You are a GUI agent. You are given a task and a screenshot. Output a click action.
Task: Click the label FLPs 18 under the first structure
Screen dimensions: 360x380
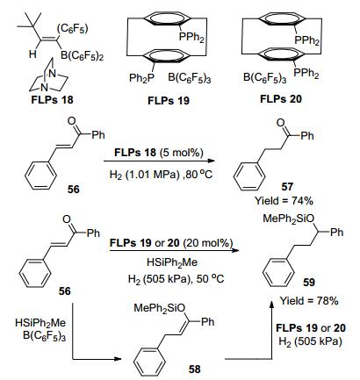52,100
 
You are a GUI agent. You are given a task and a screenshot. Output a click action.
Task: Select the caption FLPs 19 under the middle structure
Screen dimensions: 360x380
169,101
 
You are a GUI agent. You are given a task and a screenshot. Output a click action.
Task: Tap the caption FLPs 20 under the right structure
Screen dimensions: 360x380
281,99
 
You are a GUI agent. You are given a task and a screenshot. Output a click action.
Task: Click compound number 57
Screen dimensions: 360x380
287,187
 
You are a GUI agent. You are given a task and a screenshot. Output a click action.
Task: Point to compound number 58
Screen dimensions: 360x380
195,369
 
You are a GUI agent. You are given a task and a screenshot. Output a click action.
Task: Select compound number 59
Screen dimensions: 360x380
309,283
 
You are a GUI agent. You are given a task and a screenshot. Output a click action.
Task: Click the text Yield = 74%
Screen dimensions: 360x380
284,201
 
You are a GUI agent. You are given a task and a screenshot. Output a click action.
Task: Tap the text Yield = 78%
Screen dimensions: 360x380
309,301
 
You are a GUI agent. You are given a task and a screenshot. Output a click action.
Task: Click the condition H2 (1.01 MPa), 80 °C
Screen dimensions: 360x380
161,175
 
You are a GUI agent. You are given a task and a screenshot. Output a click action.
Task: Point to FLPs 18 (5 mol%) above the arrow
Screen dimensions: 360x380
158,153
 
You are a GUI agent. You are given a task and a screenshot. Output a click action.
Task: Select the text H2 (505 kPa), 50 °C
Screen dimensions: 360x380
176,279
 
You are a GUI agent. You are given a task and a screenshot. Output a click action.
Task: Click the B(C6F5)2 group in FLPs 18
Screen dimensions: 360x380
82,55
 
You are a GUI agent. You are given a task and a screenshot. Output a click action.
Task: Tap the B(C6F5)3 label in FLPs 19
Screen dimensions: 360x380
190,78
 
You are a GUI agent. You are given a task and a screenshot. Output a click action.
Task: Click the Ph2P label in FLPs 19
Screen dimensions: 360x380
141,78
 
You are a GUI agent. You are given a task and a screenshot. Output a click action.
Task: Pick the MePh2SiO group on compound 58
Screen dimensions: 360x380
160,308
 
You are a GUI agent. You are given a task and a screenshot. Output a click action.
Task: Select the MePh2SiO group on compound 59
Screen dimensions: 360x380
288,219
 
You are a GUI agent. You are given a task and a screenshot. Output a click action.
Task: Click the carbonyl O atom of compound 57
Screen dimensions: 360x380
281,123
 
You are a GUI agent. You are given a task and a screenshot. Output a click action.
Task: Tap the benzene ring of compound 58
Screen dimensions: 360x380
149,362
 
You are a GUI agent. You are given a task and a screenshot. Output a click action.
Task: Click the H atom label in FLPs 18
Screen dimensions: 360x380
32,54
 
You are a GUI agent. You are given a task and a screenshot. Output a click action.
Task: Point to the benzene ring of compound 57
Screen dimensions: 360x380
249,178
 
